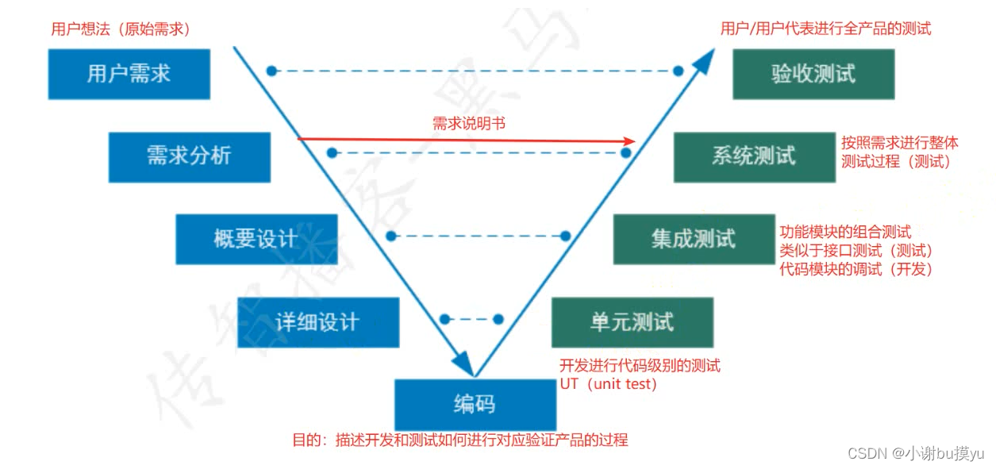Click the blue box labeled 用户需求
[x=129, y=74]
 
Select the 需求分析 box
[x=189, y=156]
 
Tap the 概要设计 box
[x=256, y=239]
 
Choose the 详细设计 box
[x=317, y=322]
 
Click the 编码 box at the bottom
[x=475, y=405]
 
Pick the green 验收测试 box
[x=813, y=74]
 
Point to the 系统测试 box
[x=754, y=156]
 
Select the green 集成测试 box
[x=694, y=239]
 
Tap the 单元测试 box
[x=632, y=322]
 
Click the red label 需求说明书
[x=468, y=124]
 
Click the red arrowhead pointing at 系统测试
[x=629, y=141]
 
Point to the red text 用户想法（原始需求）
[x=121, y=29]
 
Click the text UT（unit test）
[x=608, y=384]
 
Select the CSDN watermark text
[x=915, y=453]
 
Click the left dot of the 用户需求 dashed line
[x=271, y=71]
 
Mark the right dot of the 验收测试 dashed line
[x=678, y=71]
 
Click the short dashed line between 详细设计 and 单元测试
[x=471, y=319]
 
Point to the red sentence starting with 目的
[x=460, y=440]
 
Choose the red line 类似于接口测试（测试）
[x=856, y=251]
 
